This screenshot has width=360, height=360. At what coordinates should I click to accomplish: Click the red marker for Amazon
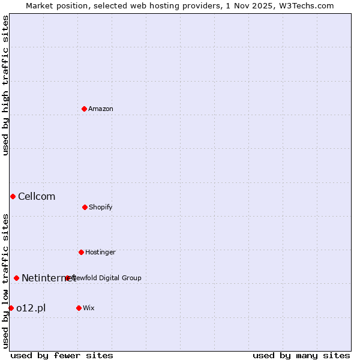[x=85, y=109]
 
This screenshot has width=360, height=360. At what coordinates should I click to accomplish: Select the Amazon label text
[x=101, y=109]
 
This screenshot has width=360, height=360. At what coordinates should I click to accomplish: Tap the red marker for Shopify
[x=85, y=207]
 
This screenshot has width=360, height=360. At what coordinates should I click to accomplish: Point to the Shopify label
[x=101, y=207]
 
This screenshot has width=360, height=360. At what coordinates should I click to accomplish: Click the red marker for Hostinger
[x=81, y=252]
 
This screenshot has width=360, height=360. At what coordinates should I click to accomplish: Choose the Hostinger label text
[x=100, y=252]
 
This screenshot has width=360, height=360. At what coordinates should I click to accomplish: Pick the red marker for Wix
[x=79, y=308]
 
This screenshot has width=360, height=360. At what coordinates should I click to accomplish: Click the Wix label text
[x=89, y=308]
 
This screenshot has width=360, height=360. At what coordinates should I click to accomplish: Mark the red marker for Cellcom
[x=13, y=196]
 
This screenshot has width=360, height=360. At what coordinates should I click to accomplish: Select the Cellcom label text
[x=37, y=196]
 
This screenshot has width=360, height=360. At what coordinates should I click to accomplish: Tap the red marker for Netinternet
[x=16, y=278]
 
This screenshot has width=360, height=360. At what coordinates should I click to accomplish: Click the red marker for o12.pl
[x=11, y=308]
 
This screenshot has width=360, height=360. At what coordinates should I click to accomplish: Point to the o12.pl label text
[x=31, y=308]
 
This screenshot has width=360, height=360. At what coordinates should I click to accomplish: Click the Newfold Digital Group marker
[x=67, y=278]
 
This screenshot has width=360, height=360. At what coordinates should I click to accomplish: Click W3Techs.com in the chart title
[x=309, y=5]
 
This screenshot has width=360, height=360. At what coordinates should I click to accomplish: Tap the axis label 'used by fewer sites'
[x=62, y=355]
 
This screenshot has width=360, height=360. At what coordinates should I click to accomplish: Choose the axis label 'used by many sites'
[x=301, y=355]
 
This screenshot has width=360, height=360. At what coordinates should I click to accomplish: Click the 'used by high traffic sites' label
[x=5, y=85]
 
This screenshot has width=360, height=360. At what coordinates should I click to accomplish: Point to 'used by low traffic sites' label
[x=5, y=280]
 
